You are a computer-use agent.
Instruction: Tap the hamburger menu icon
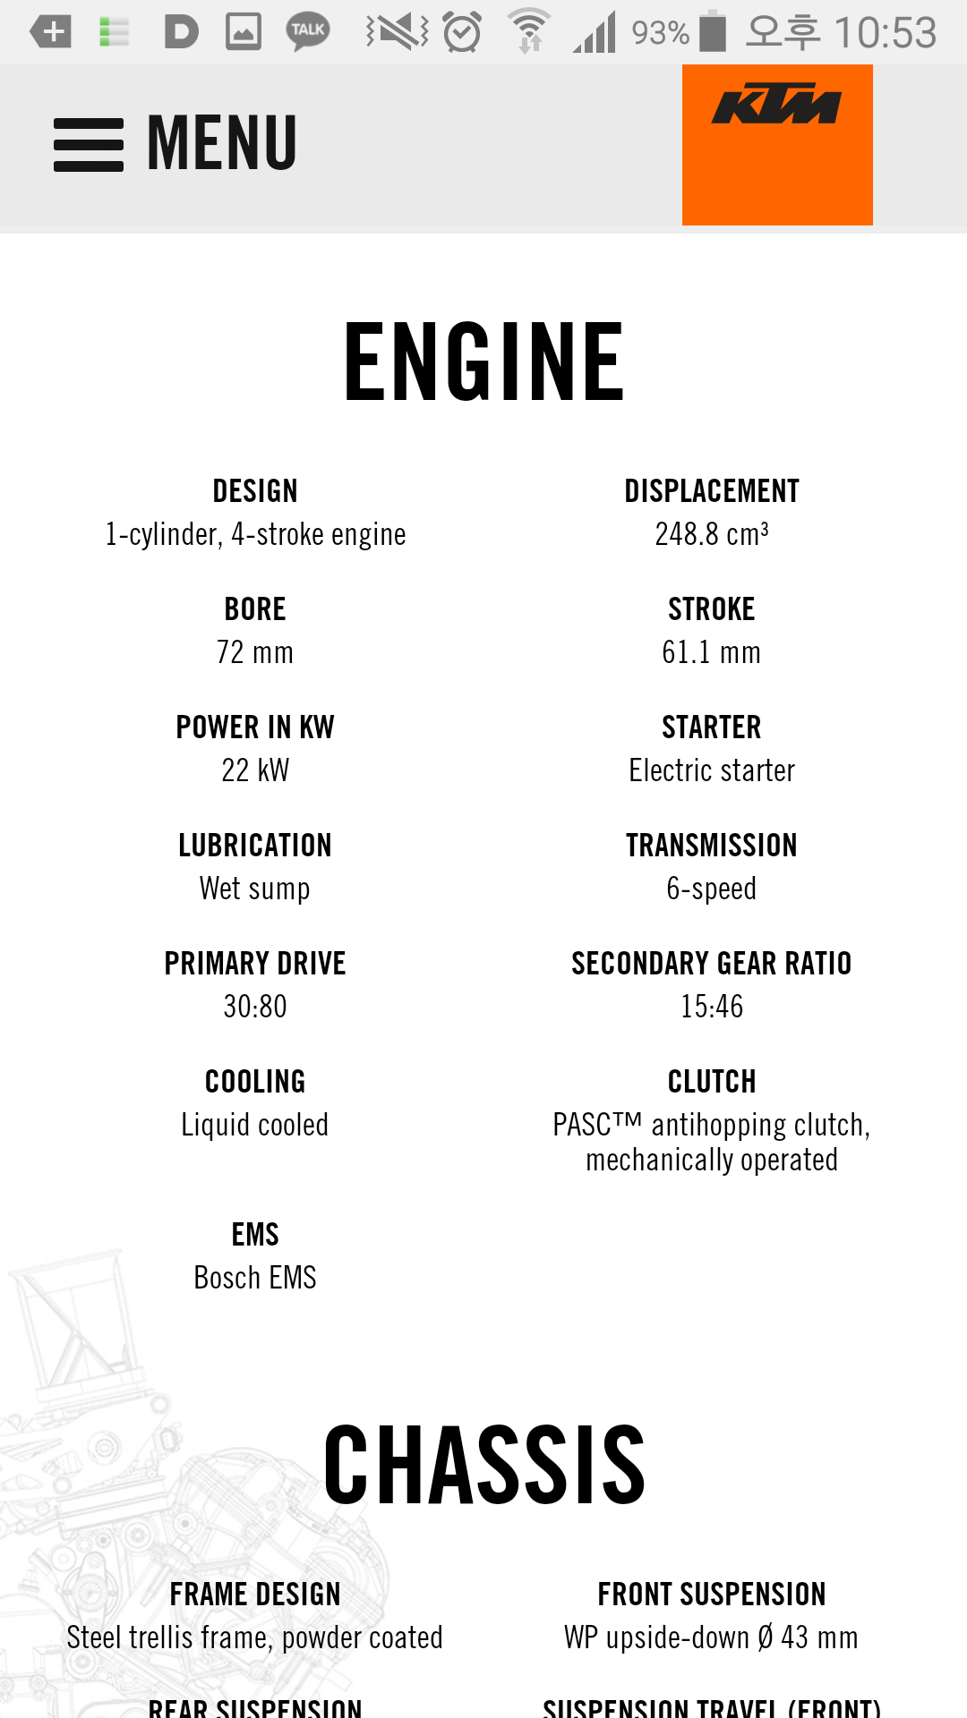[x=88, y=144]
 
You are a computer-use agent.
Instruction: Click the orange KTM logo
[x=777, y=144]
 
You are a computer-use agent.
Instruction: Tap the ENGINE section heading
[x=483, y=362]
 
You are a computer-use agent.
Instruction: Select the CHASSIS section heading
[x=483, y=1465]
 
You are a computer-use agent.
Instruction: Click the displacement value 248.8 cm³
[x=712, y=534]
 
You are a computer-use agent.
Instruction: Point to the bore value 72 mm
[x=255, y=652]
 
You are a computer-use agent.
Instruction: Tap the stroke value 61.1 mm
[x=712, y=652]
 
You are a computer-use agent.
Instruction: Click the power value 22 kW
[x=255, y=770]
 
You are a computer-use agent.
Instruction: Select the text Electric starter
[x=712, y=770]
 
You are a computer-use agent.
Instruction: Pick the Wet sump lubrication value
[x=255, y=889]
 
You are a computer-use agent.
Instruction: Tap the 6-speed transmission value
[x=712, y=889]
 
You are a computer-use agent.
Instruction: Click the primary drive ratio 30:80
[x=255, y=1007]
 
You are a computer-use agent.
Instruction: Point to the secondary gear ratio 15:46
[x=712, y=1007]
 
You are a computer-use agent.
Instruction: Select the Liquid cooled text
[x=255, y=1125]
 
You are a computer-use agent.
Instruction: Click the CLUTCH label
[x=712, y=1082]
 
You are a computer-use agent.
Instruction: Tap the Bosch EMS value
[x=255, y=1278]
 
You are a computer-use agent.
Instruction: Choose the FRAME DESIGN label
[x=255, y=1595]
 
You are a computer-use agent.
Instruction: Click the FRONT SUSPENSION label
[x=712, y=1595]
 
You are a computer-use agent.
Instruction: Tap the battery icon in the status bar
[x=713, y=32]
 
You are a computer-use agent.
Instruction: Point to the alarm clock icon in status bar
[x=462, y=32]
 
